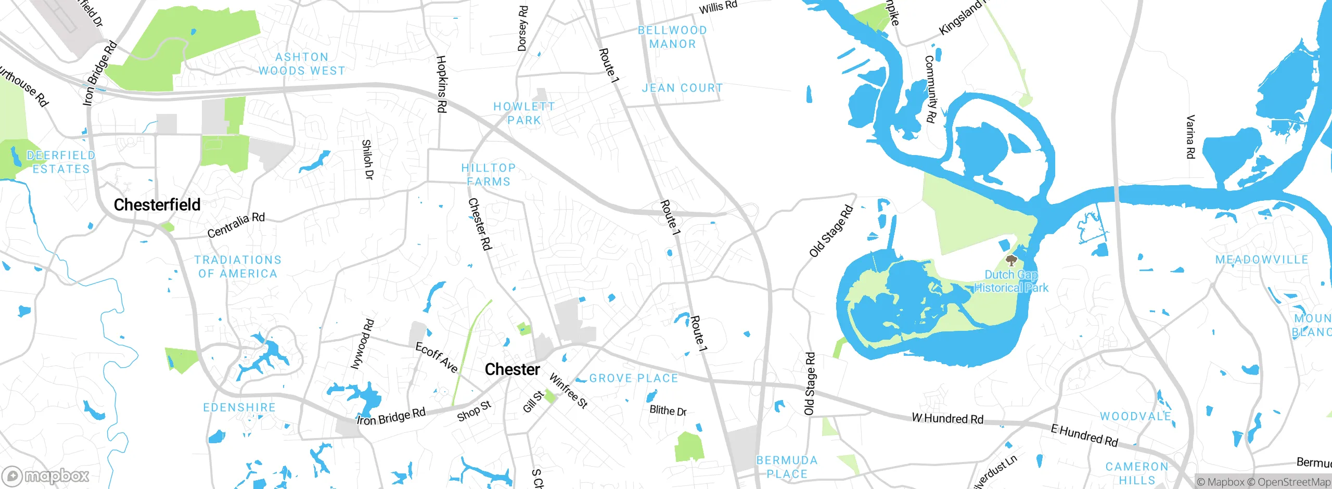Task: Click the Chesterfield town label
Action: (x=157, y=205)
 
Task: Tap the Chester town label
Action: (x=512, y=369)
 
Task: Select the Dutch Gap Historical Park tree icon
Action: (x=1011, y=260)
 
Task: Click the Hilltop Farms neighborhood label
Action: (x=488, y=175)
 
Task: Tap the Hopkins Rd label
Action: (x=441, y=84)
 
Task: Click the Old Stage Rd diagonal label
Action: (x=831, y=231)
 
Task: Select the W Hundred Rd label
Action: (x=947, y=419)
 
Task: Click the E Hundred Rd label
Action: (x=1084, y=435)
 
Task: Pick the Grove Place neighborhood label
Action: (x=633, y=378)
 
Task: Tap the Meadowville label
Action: (x=1261, y=260)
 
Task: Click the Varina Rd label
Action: (x=1190, y=137)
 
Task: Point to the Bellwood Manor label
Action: (x=672, y=37)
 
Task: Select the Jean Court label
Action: (x=682, y=88)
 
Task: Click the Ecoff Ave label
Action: (x=436, y=357)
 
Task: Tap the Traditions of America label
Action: (x=238, y=266)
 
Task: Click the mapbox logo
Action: (x=46, y=475)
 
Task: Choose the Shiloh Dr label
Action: (x=367, y=159)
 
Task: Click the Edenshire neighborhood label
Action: (x=239, y=407)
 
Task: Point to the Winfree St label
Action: (x=568, y=391)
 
